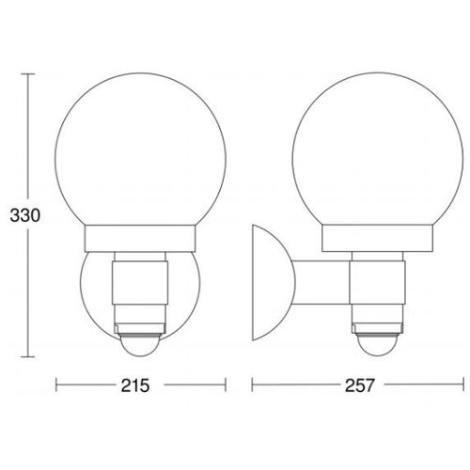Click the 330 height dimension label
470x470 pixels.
tap(25, 215)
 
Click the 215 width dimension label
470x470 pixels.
tap(135, 385)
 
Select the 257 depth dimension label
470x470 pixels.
tap(360, 385)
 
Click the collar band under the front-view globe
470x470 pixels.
tap(140, 239)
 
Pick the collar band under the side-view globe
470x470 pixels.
tap(378, 238)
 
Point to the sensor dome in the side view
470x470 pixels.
tap(378, 345)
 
